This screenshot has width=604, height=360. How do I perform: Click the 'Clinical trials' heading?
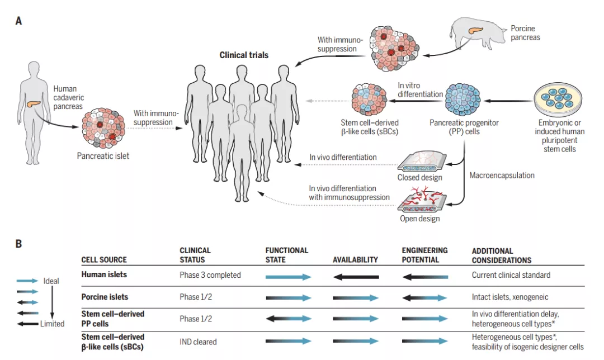244,55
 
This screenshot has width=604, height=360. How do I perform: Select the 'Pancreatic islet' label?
103,156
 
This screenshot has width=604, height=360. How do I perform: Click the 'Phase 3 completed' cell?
210,275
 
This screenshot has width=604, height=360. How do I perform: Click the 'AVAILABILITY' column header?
355,260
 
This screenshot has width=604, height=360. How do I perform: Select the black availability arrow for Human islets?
356,277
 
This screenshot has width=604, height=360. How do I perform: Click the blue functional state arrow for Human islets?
288,277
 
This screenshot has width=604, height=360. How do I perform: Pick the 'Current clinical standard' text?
511,275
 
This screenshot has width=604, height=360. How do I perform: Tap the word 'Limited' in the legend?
53,324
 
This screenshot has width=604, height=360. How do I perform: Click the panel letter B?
18,244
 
